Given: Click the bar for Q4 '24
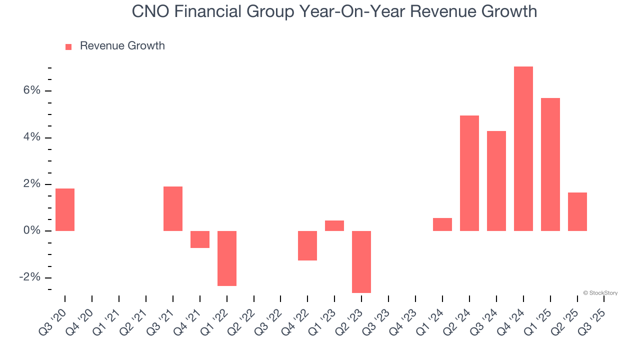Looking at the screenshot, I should point(523,148).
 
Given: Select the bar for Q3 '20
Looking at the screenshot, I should point(65,209).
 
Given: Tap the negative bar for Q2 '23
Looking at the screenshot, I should point(361,261).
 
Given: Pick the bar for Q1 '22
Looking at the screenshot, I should point(226,258).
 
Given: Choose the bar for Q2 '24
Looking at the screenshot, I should point(469,173).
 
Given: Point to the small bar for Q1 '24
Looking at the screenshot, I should point(442,224).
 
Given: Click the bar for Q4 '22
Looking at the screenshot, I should point(307,245).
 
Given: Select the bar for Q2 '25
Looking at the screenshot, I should point(577,211).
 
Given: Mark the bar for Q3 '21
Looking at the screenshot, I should point(173,208).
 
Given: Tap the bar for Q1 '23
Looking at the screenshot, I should point(334,225).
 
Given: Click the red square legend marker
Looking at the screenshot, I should point(68,46).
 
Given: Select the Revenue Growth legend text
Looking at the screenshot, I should point(122,46).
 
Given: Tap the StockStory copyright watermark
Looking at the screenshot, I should point(600,293).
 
